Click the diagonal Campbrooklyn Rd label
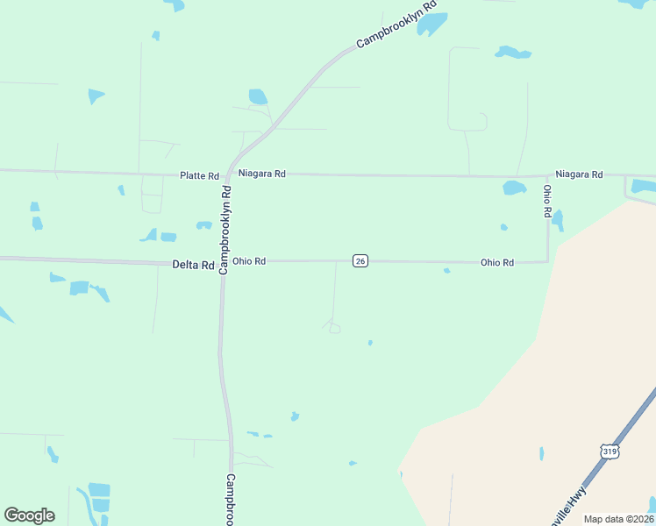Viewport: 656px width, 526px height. (x=396, y=29)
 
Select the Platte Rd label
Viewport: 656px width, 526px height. (x=199, y=176)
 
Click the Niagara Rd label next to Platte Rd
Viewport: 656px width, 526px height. (x=262, y=174)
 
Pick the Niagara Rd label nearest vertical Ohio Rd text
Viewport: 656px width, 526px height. (x=579, y=174)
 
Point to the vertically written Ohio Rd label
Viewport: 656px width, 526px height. (x=546, y=201)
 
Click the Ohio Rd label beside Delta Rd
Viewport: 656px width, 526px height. (x=248, y=261)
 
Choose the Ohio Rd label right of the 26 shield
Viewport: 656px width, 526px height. (x=496, y=262)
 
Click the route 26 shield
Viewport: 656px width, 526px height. (x=360, y=261)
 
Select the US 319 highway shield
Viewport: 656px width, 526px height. (x=610, y=451)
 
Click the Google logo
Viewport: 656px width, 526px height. (x=29, y=515)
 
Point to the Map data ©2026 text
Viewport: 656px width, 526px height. (x=619, y=519)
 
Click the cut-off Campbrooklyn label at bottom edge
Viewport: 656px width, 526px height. (x=231, y=500)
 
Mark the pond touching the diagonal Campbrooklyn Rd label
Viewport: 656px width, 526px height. (x=431, y=25)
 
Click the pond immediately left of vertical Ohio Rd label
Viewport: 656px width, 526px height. (x=514, y=188)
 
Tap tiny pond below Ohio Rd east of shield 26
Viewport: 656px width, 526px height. (x=446, y=271)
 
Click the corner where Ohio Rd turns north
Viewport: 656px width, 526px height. (x=548, y=260)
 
